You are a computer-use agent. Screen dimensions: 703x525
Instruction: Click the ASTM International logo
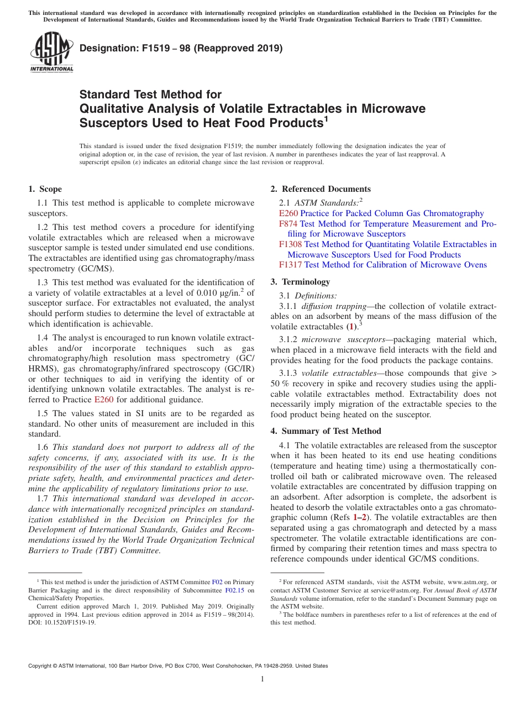pyautogui.click(x=51, y=52)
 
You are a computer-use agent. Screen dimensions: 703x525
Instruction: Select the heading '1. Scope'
pyautogui.click(x=45, y=189)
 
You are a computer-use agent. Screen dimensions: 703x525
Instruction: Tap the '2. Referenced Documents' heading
pyautogui.click(x=321, y=189)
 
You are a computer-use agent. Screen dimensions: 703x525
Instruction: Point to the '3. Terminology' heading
pyautogui.click(x=300, y=282)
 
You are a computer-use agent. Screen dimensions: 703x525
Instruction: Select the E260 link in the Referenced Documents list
pyautogui.click(x=288, y=213)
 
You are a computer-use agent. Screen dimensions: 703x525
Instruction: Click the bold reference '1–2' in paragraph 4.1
pyautogui.click(x=360, y=518)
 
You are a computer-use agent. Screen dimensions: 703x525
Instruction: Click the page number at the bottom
pyautogui.click(x=262, y=679)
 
